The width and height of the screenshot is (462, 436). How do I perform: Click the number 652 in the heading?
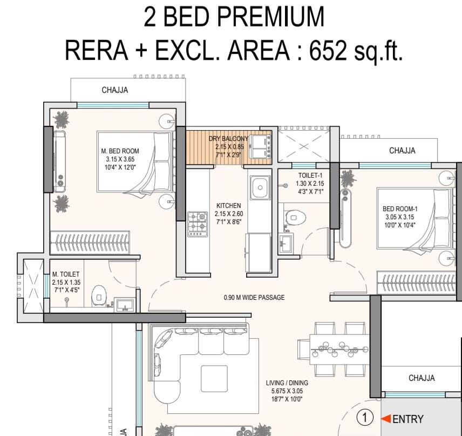[x=328, y=50]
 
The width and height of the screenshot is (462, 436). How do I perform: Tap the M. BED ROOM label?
[x=120, y=151]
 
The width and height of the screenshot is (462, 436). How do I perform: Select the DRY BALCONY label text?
[x=228, y=139]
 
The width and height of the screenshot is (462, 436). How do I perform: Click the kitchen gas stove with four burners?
[x=198, y=224]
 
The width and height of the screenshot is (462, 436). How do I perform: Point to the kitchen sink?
[x=260, y=187]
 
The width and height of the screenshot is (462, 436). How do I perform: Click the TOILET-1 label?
[x=310, y=175]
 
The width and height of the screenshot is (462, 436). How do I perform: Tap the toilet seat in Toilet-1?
[x=295, y=218]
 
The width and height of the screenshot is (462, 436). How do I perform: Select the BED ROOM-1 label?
[x=400, y=209]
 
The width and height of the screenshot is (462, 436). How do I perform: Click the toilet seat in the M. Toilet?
[x=99, y=297]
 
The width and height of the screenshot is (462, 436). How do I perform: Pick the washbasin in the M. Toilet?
[x=125, y=305]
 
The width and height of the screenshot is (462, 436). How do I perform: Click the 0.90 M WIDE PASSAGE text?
[x=254, y=297]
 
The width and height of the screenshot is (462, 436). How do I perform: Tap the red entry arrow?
[x=386, y=418]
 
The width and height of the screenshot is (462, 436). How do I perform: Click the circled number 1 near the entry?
[x=365, y=418]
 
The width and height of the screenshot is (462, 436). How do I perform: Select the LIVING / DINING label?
[x=287, y=383]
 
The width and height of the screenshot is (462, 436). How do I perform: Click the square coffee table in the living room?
[x=214, y=379]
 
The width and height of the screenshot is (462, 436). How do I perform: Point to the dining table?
[x=339, y=350]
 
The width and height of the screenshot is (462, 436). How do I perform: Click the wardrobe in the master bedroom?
[x=90, y=243]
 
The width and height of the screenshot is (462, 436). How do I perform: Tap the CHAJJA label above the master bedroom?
[x=115, y=90]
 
